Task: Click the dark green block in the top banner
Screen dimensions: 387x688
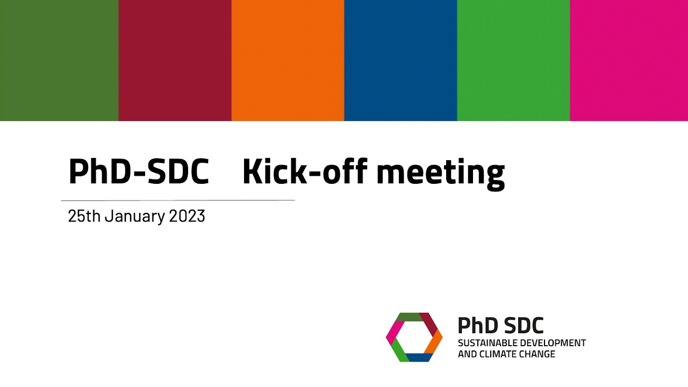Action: (x=59, y=60)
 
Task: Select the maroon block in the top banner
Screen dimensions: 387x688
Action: (x=175, y=60)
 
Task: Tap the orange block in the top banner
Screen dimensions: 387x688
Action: (x=288, y=60)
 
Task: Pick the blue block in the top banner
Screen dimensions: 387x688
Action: (x=400, y=60)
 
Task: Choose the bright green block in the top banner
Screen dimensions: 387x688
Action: (x=513, y=60)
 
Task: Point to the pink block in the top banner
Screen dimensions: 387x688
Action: (x=629, y=60)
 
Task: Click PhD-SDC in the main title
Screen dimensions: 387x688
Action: (x=138, y=171)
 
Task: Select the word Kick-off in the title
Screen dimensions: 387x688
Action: (x=304, y=171)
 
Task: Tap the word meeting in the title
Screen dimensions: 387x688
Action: (x=440, y=173)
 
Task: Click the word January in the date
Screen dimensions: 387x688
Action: (x=134, y=216)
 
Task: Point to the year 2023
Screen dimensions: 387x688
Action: (x=187, y=216)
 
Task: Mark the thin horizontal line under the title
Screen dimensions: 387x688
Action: (x=177, y=200)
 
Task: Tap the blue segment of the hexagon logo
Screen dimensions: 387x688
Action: (x=419, y=357)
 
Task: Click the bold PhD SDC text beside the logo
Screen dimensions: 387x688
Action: (x=500, y=325)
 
